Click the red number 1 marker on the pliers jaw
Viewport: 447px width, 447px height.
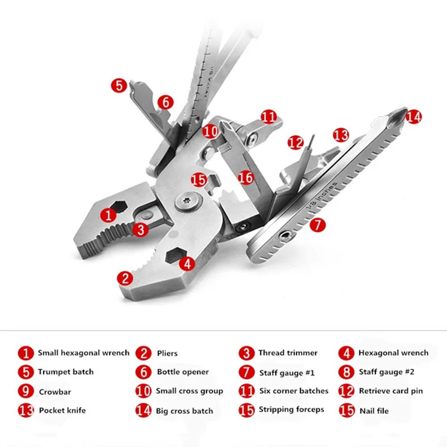tap(108, 214)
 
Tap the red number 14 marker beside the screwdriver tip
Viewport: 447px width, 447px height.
tap(413, 117)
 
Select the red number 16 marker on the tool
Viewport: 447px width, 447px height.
tap(246, 177)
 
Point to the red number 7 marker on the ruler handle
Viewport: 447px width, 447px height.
tap(317, 225)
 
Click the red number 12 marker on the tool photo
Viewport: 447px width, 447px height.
tap(296, 142)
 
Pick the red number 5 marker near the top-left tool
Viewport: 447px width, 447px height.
tap(118, 85)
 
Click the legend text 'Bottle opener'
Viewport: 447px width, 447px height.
tap(183, 372)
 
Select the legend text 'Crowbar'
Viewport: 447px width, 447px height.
tap(55, 392)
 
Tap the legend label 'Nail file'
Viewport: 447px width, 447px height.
tap(374, 411)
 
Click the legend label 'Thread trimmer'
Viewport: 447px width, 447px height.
tap(288, 353)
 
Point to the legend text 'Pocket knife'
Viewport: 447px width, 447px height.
tap(62, 411)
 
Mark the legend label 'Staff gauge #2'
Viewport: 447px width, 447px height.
tap(387, 372)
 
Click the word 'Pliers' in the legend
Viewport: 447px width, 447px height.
tap(167, 353)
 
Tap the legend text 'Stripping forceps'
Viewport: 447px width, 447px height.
tap(291, 410)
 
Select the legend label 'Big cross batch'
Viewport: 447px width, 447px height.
tap(185, 411)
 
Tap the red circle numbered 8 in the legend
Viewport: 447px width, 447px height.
tap(347, 372)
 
